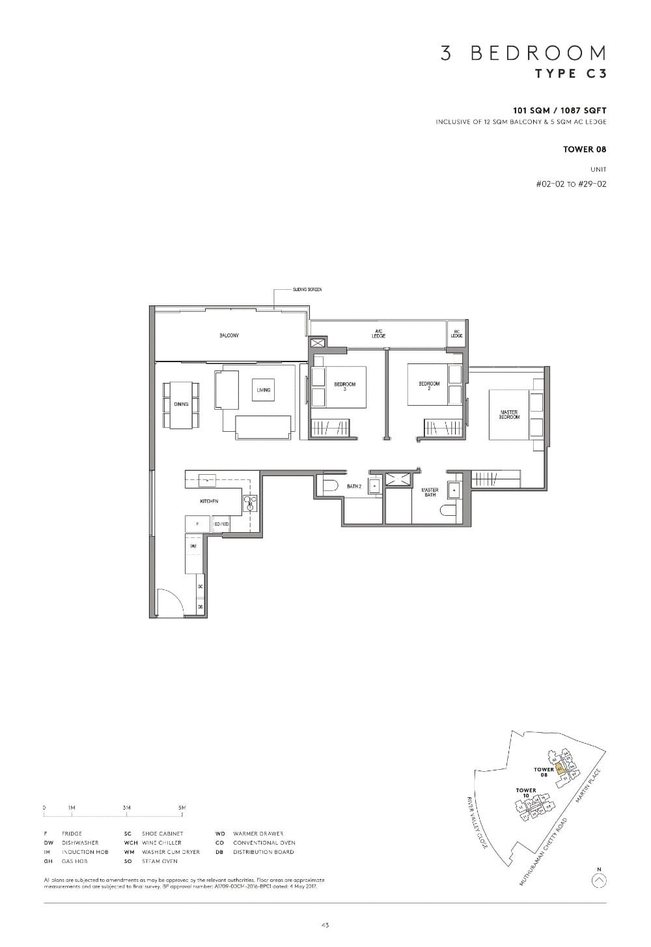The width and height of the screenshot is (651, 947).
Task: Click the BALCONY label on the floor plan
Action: (229, 335)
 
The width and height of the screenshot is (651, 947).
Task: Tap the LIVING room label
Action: (263, 390)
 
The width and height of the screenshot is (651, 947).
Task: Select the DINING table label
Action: (181, 404)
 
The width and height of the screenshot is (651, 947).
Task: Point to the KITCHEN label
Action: (209, 502)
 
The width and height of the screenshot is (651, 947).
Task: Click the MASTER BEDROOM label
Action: (509, 414)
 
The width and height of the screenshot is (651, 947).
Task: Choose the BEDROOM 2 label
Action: (429, 386)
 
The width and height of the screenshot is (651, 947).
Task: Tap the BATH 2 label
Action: (353, 487)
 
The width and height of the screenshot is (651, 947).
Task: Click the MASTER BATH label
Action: (430, 492)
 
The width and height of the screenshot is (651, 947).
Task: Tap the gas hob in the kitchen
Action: (250, 502)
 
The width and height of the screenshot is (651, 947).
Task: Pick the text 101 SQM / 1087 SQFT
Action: (559, 111)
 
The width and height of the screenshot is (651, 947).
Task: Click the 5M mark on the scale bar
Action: (182, 808)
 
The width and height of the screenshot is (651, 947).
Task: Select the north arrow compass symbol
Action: (600, 880)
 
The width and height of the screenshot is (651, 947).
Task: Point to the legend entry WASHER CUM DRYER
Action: (171, 852)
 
